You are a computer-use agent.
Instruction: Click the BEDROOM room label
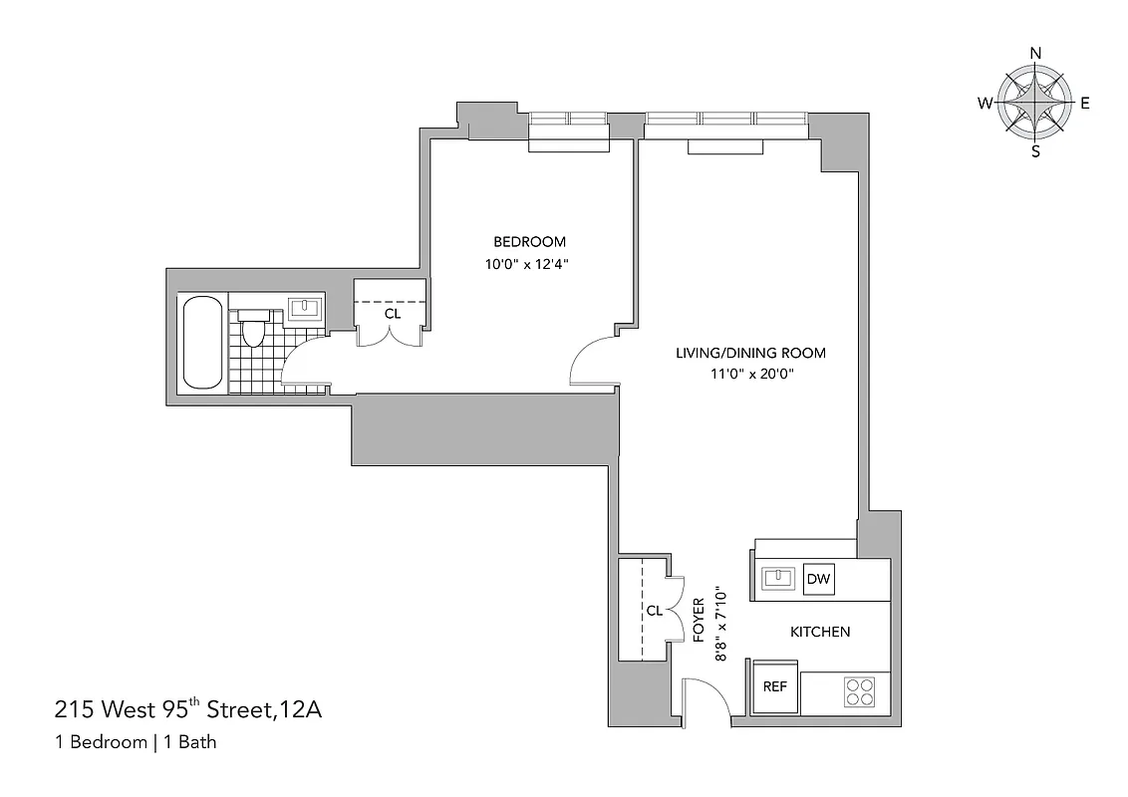point(529,242)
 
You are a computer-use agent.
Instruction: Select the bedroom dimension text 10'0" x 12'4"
point(529,265)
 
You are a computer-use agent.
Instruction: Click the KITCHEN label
point(819,632)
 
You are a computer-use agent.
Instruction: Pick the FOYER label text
point(700,618)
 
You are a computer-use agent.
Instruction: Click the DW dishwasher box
point(818,579)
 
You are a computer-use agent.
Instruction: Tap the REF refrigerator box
point(775,686)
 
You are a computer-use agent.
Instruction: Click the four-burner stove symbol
point(859,691)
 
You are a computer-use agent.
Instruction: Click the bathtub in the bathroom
point(202,343)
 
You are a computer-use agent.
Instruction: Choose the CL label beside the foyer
point(654,611)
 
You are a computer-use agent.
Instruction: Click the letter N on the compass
point(1035,54)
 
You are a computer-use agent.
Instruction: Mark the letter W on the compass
point(984,103)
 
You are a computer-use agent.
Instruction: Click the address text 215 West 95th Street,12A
point(187,710)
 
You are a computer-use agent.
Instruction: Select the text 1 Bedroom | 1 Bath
point(136,741)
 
